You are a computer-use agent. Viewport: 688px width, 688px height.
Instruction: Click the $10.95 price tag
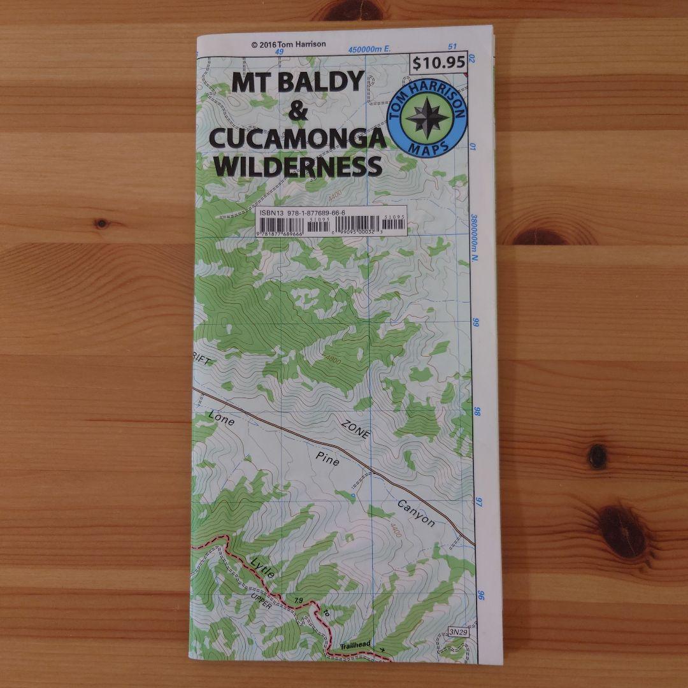click(440, 64)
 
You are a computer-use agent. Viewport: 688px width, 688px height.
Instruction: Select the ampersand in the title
click(297, 112)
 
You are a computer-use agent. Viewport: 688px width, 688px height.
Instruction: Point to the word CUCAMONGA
click(297, 140)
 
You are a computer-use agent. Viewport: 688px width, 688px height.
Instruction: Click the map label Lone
click(221, 420)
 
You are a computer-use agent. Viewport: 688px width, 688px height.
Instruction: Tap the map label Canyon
click(416, 513)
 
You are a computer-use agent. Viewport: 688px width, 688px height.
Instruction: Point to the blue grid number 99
click(475, 323)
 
